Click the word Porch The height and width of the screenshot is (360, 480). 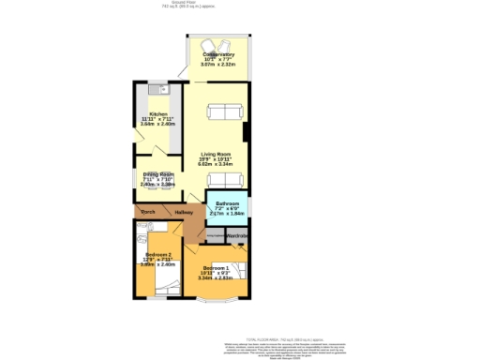(x=147, y=213)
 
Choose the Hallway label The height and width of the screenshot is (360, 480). (x=183, y=213)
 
